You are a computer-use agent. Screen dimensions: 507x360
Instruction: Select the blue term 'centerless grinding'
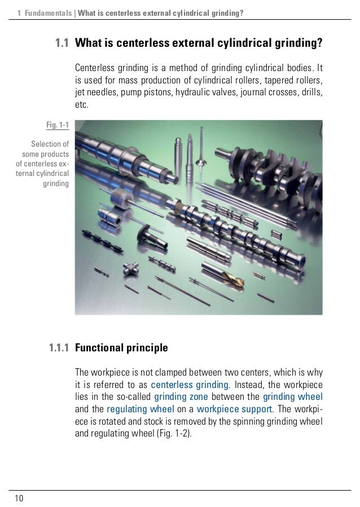click(x=191, y=385)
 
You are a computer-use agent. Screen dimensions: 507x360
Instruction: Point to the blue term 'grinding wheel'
click(x=293, y=398)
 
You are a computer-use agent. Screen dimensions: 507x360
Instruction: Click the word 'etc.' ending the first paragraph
click(x=82, y=105)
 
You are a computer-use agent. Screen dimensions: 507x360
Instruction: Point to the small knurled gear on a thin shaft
click(x=120, y=198)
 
